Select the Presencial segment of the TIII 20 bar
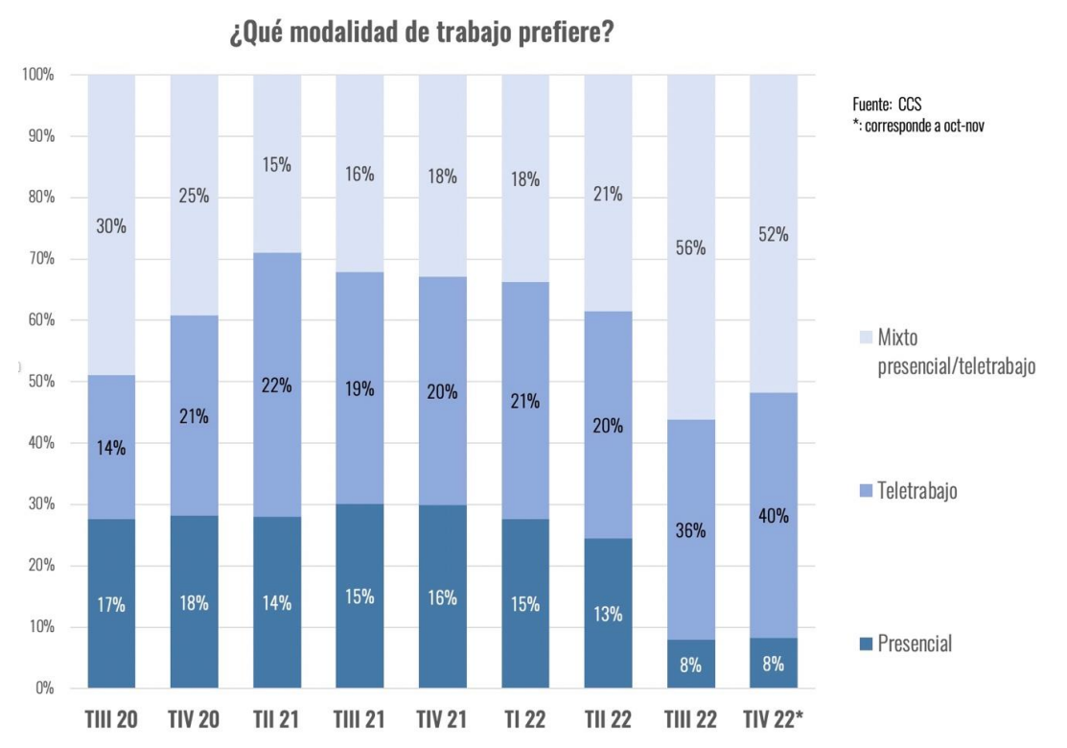click(111, 604)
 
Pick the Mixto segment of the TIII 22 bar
click(690, 247)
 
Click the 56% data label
click(690, 247)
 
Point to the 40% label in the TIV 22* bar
click(773, 516)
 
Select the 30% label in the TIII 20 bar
click(111, 227)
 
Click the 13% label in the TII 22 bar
click(608, 614)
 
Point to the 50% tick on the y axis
click(40, 382)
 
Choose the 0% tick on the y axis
click(44, 689)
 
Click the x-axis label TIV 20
click(194, 720)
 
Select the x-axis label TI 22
click(525, 720)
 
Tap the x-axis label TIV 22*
click(774, 720)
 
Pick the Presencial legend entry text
click(915, 643)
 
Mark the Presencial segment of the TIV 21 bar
click(443, 597)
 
